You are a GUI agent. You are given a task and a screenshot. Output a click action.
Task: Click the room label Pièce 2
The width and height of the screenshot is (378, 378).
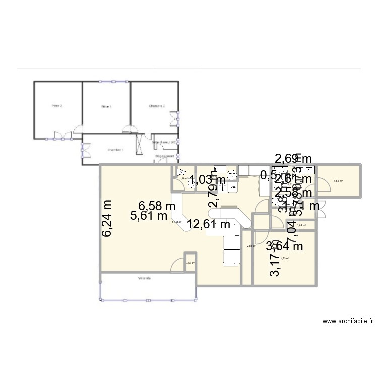point(57,106)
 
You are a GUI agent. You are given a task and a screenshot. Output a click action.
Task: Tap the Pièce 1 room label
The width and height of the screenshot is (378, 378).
point(106,106)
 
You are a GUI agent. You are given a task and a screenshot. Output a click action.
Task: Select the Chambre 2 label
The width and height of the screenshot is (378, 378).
point(157,106)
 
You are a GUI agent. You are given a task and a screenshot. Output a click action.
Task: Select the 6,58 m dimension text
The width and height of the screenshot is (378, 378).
point(157,206)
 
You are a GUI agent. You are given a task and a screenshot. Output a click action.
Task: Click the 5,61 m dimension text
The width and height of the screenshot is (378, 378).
point(149,216)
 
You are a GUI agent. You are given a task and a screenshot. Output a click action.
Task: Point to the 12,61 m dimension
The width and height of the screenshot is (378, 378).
point(209,224)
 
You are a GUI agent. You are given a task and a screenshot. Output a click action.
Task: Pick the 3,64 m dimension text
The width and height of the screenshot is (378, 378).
point(284,246)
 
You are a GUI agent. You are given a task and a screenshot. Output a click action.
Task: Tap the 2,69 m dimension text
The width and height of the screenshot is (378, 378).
point(293,160)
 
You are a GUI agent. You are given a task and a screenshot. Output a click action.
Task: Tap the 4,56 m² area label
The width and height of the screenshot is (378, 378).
point(339,180)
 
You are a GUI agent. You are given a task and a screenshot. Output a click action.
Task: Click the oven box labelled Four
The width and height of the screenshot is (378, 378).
point(233,187)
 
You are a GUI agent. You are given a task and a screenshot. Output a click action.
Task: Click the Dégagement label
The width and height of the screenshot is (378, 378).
point(164,156)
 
